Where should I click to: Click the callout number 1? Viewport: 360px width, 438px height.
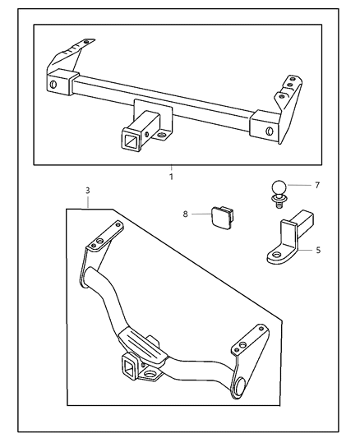coord(171,176)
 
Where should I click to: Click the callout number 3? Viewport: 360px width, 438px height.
coord(88,191)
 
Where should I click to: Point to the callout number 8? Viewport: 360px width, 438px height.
coord(186,214)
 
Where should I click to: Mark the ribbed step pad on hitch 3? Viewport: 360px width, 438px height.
coord(137,339)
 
